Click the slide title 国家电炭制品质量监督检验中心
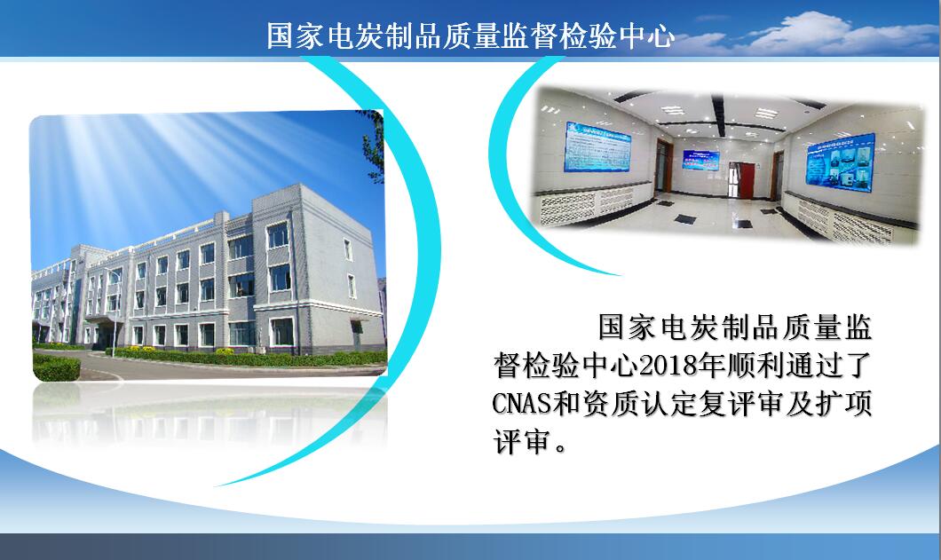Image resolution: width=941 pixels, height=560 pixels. tap(470, 35)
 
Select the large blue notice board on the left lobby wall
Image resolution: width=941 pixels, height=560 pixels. tap(597, 146)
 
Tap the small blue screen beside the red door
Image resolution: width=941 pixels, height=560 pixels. tap(700, 159)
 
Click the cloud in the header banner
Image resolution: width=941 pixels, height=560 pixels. tap(811, 34)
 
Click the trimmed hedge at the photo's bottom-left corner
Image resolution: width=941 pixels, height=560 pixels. tap(56, 367)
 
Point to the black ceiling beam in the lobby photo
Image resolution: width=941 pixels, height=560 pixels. tap(718, 115)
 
